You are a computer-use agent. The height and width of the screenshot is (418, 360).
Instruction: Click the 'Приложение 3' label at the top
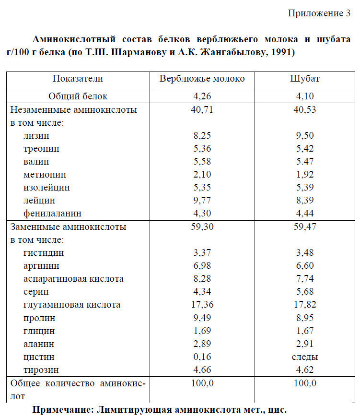point(319,13)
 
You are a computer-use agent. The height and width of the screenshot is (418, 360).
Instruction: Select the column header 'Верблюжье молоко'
point(202,79)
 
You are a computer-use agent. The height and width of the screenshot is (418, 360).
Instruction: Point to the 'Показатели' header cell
point(78,79)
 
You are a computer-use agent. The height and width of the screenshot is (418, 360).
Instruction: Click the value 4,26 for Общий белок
point(202,96)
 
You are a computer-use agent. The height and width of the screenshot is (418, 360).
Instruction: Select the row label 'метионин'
point(45,175)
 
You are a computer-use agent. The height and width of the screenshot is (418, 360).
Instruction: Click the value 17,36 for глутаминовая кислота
point(202,305)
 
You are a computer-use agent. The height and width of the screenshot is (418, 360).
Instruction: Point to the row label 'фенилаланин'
point(52,214)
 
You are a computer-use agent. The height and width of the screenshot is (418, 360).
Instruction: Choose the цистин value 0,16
point(202,357)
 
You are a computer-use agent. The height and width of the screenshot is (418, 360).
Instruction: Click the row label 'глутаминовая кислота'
point(72,305)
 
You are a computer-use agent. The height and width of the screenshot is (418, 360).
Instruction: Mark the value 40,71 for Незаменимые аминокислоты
point(202,110)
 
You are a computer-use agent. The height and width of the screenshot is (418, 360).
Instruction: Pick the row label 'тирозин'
point(41,370)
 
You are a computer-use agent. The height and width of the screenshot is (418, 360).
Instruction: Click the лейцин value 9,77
point(202,201)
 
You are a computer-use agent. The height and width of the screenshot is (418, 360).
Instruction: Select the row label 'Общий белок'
point(78,96)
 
